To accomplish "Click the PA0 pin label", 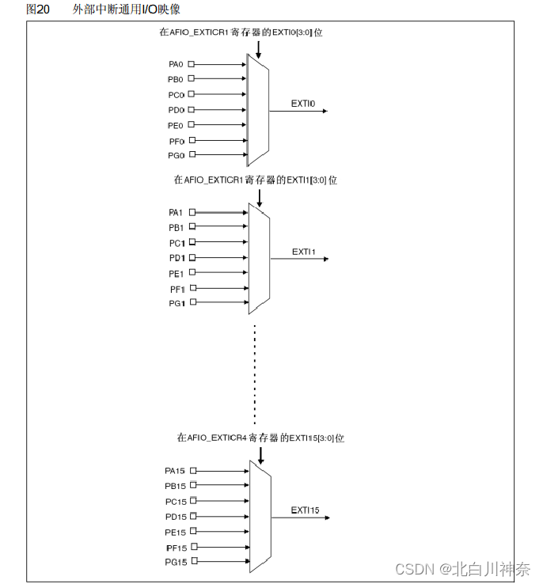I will pyautogui.click(x=176, y=64).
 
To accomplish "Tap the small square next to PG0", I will pyautogui.click(x=191, y=156).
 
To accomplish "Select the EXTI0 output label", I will pyautogui.click(x=303, y=104).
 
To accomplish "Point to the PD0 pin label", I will pyautogui.click(x=176, y=110).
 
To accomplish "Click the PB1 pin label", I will pyautogui.click(x=176, y=228).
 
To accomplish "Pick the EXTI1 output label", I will pyautogui.click(x=303, y=252).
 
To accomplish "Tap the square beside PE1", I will pyautogui.click(x=191, y=273).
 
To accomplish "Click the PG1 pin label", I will pyautogui.click(x=176, y=303).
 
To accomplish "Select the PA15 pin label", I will pyautogui.click(x=174, y=471).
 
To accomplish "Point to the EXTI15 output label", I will pyautogui.click(x=305, y=510).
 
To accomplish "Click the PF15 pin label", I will pyautogui.click(x=175, y=548).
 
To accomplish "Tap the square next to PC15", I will pyautogui.click(x=192, y=502).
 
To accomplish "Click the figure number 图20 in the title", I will pyautogui.click(x=38, y=9).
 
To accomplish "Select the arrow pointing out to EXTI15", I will pyautogui.click(x=301, y=518).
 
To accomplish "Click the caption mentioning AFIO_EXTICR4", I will pyautogui.click(x=261, y=438).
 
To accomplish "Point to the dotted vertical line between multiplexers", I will pyautogui.click(x=255, y=372).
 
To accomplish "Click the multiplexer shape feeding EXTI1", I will pyautogui.click(x=259, y=258).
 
